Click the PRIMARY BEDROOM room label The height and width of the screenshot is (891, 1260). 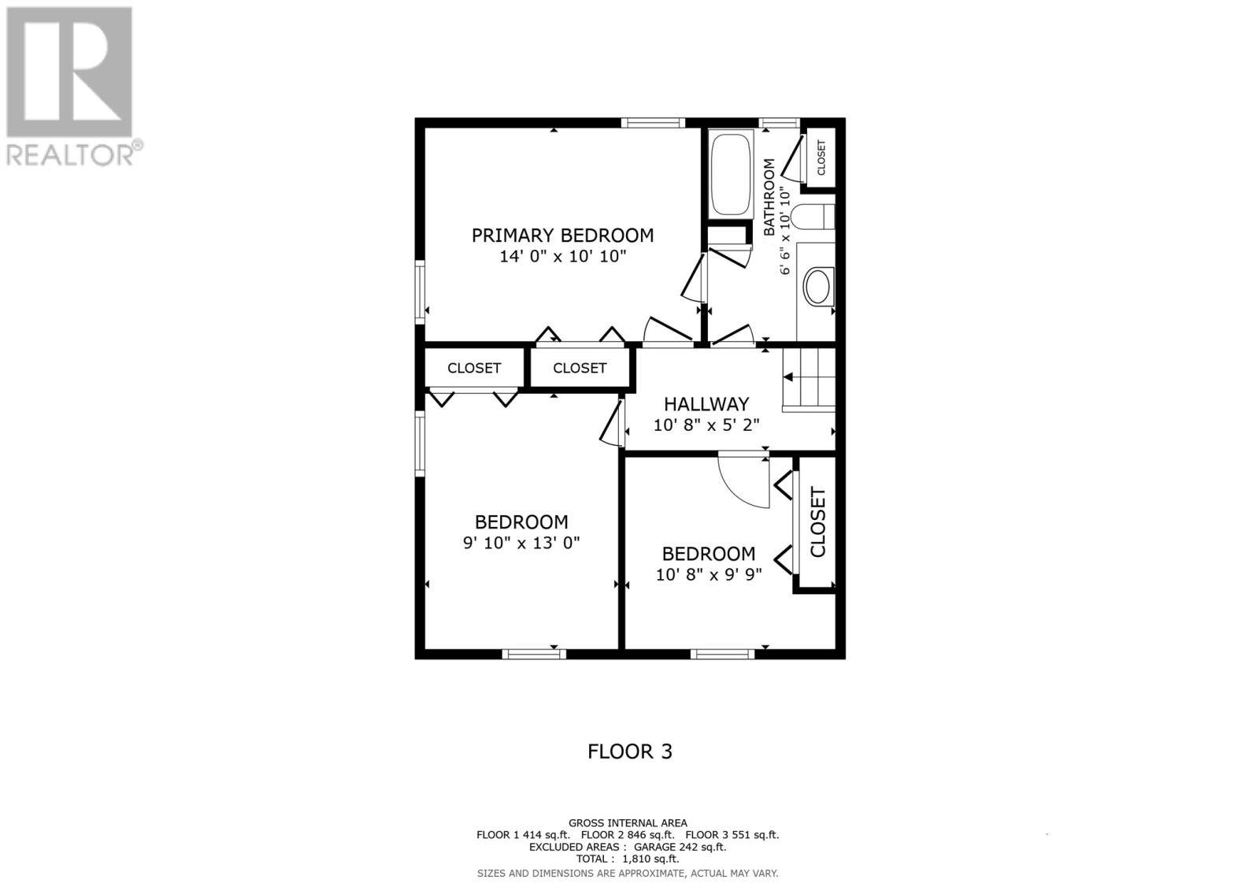click(562, 236)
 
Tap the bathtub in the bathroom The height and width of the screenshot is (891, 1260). click(731, 174)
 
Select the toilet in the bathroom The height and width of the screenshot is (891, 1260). click(812, 217)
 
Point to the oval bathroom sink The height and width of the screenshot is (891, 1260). click(817, 287)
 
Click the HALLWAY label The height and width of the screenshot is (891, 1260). click(706, 404)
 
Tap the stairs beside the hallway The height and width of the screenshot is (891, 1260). click(809, 380)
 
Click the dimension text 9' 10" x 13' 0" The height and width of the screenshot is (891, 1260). click(521, 543)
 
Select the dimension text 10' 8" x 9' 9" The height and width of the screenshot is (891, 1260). click(709, 574)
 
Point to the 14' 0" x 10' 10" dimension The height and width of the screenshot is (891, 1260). click(563, 257)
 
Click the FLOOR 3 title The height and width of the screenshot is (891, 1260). click(630, 752)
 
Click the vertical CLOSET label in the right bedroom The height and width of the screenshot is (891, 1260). click(817, 522)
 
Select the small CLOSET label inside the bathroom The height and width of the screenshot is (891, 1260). click(821, 158)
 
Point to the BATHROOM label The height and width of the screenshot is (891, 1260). click(769, 197)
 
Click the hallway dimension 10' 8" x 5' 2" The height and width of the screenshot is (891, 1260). click(706, 425)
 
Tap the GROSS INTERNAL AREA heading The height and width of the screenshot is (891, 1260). click(628, 823)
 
